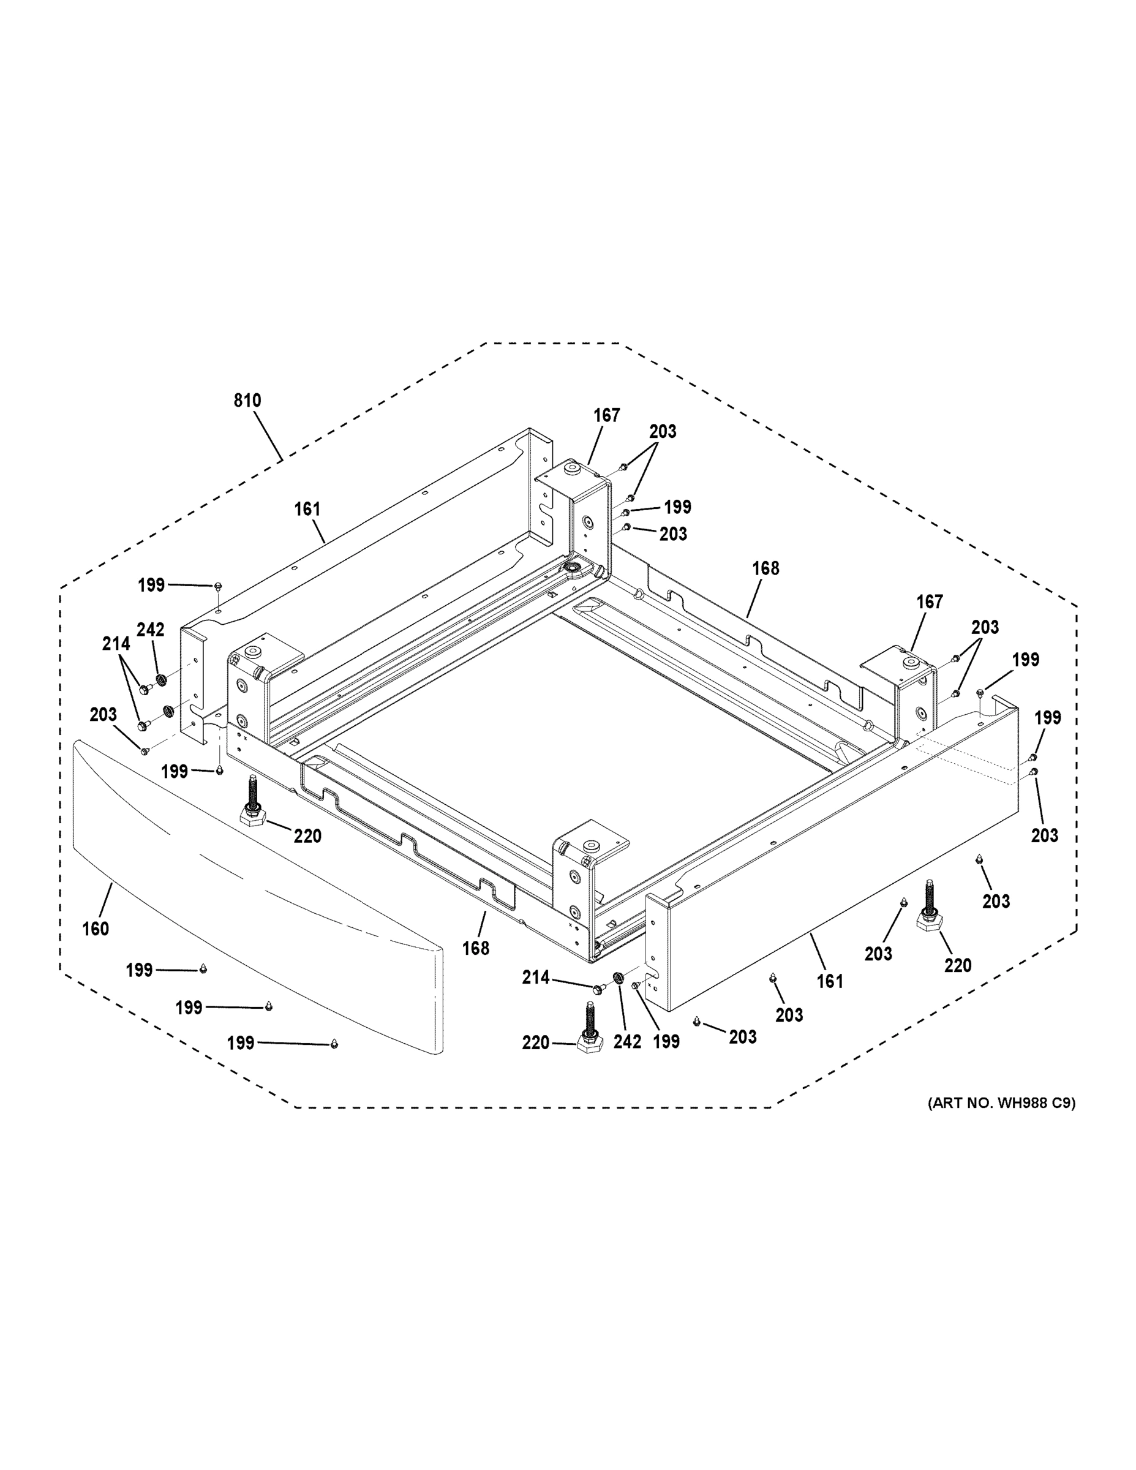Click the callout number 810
pyautogui.click(x=247, y=401)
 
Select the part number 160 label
pyautogui.click(x=96, y=929)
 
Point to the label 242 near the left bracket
pyautogui.click(x=150, y=629)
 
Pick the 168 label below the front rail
pyautogui.click(x=476, y=948)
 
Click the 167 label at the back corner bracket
pyautogui.click(x=606, y=416)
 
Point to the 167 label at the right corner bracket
pyautogui.click(x=930, y=601)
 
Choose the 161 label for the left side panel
pyautogui.click(x=307, y=510)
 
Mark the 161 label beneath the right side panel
pyautogui.click(x=830, y=981)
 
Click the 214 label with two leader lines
pyautogui.click(x=116, y=644)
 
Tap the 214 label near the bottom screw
pyautogui.click(x=536, y=978)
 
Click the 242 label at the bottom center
pyautogui.click(x=627, y=1041)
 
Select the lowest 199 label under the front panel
pyautogui.click(x=240, y=1042)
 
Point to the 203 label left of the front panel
pyautogui.click(x=103, y=714)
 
